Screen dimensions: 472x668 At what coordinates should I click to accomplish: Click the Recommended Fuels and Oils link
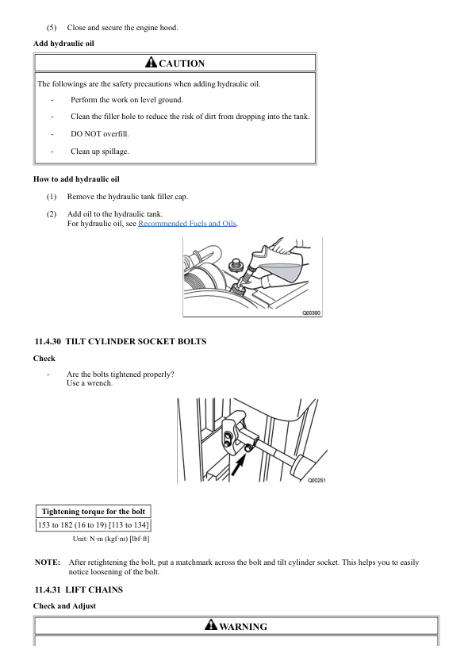187,223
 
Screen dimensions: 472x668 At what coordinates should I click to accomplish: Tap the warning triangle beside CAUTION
151,62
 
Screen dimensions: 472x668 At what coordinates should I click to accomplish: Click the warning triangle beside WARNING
211,624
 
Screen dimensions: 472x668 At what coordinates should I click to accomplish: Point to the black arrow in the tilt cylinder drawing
239,464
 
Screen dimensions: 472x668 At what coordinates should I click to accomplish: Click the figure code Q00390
312,313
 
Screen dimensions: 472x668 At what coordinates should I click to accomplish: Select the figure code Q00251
317,480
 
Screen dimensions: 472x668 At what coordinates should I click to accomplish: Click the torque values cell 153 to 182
94,524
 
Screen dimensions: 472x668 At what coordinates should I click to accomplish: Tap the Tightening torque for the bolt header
94,511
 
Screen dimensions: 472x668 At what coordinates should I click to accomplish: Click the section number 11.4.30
48,341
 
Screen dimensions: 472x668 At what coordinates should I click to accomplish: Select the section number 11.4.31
48,589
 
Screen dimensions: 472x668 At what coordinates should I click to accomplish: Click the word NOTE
48,562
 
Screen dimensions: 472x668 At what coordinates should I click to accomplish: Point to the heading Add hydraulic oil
63,44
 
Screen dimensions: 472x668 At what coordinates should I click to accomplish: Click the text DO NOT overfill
100,134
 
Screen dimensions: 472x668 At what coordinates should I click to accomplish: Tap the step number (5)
52,28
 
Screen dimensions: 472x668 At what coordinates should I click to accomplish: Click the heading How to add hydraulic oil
76,179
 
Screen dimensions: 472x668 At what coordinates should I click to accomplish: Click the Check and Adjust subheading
64,606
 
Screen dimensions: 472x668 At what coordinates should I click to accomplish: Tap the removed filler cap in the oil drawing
234,264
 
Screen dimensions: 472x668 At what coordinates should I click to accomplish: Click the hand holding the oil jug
286,246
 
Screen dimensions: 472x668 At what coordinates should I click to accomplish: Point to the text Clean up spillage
100,152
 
